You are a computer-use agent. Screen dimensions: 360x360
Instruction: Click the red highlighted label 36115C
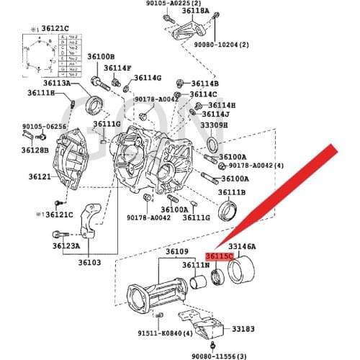pos(219,256)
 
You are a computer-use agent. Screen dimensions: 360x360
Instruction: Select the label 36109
pos(176,252)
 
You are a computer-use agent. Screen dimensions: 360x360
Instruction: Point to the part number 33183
pos(243,328)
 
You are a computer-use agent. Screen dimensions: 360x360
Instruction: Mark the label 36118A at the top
pos(195,12)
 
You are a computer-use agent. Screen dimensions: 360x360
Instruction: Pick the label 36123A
pos(66,246)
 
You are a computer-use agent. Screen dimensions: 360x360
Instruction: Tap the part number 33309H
pos(214,125)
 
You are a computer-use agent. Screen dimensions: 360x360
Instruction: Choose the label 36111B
pos(233,192)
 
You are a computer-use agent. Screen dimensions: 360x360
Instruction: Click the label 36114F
pos(117,68)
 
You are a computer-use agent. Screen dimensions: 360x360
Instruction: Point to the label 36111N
pos(195,266)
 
